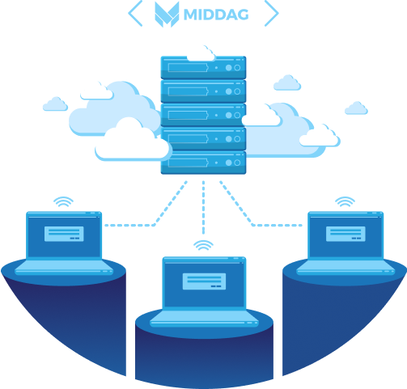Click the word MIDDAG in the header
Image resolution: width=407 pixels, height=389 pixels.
pyautogui.click(x=216, y=15)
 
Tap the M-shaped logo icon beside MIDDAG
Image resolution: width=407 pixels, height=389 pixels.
pyautogui.click(x=167, y=15)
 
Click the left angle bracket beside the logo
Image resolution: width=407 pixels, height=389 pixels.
pyautogui.click(x=135, y=13)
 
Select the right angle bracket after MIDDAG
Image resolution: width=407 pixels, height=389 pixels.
pyautogui.click(x=272, y=13)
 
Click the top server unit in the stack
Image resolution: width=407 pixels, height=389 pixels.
pyautogui.click(x=203, y=67)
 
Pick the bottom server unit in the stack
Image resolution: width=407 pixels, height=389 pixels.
pyautogui.click(x=203, y=163)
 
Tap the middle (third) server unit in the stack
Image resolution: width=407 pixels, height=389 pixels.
pyautogui.click(x=203, y=115)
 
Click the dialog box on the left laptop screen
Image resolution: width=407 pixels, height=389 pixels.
pyautogui.click(x=64, y=234)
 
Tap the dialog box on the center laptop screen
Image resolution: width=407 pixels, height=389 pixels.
pyautogui.click(x=204, y=281)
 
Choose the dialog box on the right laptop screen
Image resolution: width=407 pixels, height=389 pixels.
pyautogui.click(x=346, y=234)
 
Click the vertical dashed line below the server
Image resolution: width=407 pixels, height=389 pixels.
pyautogui.click(x=203, y=208)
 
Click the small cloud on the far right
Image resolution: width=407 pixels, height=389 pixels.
pyautogui.click(x=356, y=108)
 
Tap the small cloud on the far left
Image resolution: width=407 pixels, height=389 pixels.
pyautogui.click(x=55, y=104)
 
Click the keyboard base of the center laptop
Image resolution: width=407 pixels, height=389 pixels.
pyautogui.click(x=204, y=319)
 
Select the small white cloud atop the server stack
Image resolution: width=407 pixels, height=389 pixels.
pyautogui.click(x=201, y=54)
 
